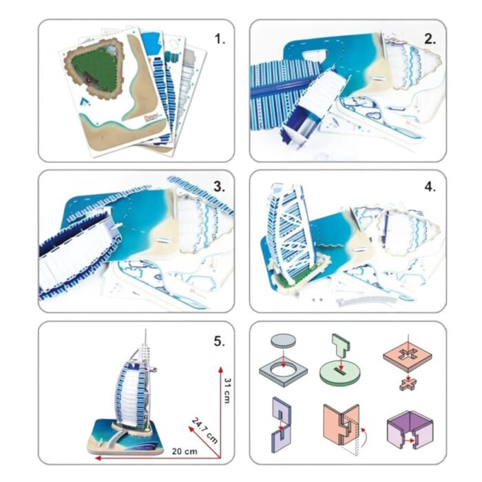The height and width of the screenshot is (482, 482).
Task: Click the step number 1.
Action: [220, 39]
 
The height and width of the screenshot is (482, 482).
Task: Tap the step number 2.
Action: [430, 39]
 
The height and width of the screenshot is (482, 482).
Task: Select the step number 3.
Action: [220, 187]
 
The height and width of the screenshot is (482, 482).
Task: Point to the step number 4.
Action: [430, 187]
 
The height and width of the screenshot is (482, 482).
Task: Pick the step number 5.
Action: [220, 342]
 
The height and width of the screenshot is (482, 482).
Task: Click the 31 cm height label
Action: [227, 390]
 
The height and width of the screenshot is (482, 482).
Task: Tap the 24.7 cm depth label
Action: [205, 430]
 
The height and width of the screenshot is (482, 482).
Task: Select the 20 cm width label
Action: [185, 451]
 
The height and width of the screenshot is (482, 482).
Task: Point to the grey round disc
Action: [283, 341]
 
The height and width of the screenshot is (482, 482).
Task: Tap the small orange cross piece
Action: [408, 384]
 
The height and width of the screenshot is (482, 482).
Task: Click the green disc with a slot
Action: [342, 374]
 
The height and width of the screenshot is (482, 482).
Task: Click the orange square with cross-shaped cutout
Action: [408, 357]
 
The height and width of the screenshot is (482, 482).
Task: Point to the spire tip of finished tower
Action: [146, 329]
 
